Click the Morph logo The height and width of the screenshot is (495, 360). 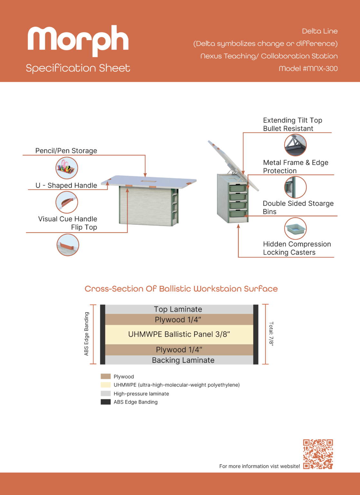pyautogui.click(x=78, y=41)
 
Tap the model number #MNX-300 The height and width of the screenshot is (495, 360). pyautogui.click(x=308, y=69)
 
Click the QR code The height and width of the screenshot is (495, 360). pyautogui.click(x=318, y=454)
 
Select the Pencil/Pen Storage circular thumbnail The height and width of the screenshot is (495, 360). pyautogui.click(x=66, y=168)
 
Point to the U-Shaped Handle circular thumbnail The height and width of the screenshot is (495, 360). pyautogui.click(x=66, y=202)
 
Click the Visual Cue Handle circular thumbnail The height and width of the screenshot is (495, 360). pyautogui.click(x=68, y=245)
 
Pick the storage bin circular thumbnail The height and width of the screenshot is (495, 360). pyautogui.click(x=295, y=228)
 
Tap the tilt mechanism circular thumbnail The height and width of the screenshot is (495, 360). pyautogui.click(x=295, y=145)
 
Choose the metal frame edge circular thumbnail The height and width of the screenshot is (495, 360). pyautogui.click(x=295, y=187)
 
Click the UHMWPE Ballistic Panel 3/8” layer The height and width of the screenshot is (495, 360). pyautogui.click(x=179, y=334)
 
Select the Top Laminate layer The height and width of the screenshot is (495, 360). pyautogui.click(x=179, y=309)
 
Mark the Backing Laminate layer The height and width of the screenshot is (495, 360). pyautogui.click(x=179, y=360)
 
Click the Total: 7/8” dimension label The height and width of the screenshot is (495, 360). pyautogui.click(x=271, y=334)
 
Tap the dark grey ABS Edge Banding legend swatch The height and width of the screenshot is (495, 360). pyautogui.click(x=106, y=402)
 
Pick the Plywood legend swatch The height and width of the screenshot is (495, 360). pyautogui.click(x=106, y=376)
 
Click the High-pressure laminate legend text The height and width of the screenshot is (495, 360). pyautogui.click(x=141, y=393)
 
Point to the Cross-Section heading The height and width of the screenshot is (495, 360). pyautogui.click(x=181, y=289)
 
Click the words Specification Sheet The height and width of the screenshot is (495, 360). pyautogui.click(x=78, y=68)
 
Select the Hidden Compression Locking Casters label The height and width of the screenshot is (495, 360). pyautogui.click(x=297, y=248)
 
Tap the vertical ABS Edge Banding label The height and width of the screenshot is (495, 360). pyautogui.click(x=86, y=334)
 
